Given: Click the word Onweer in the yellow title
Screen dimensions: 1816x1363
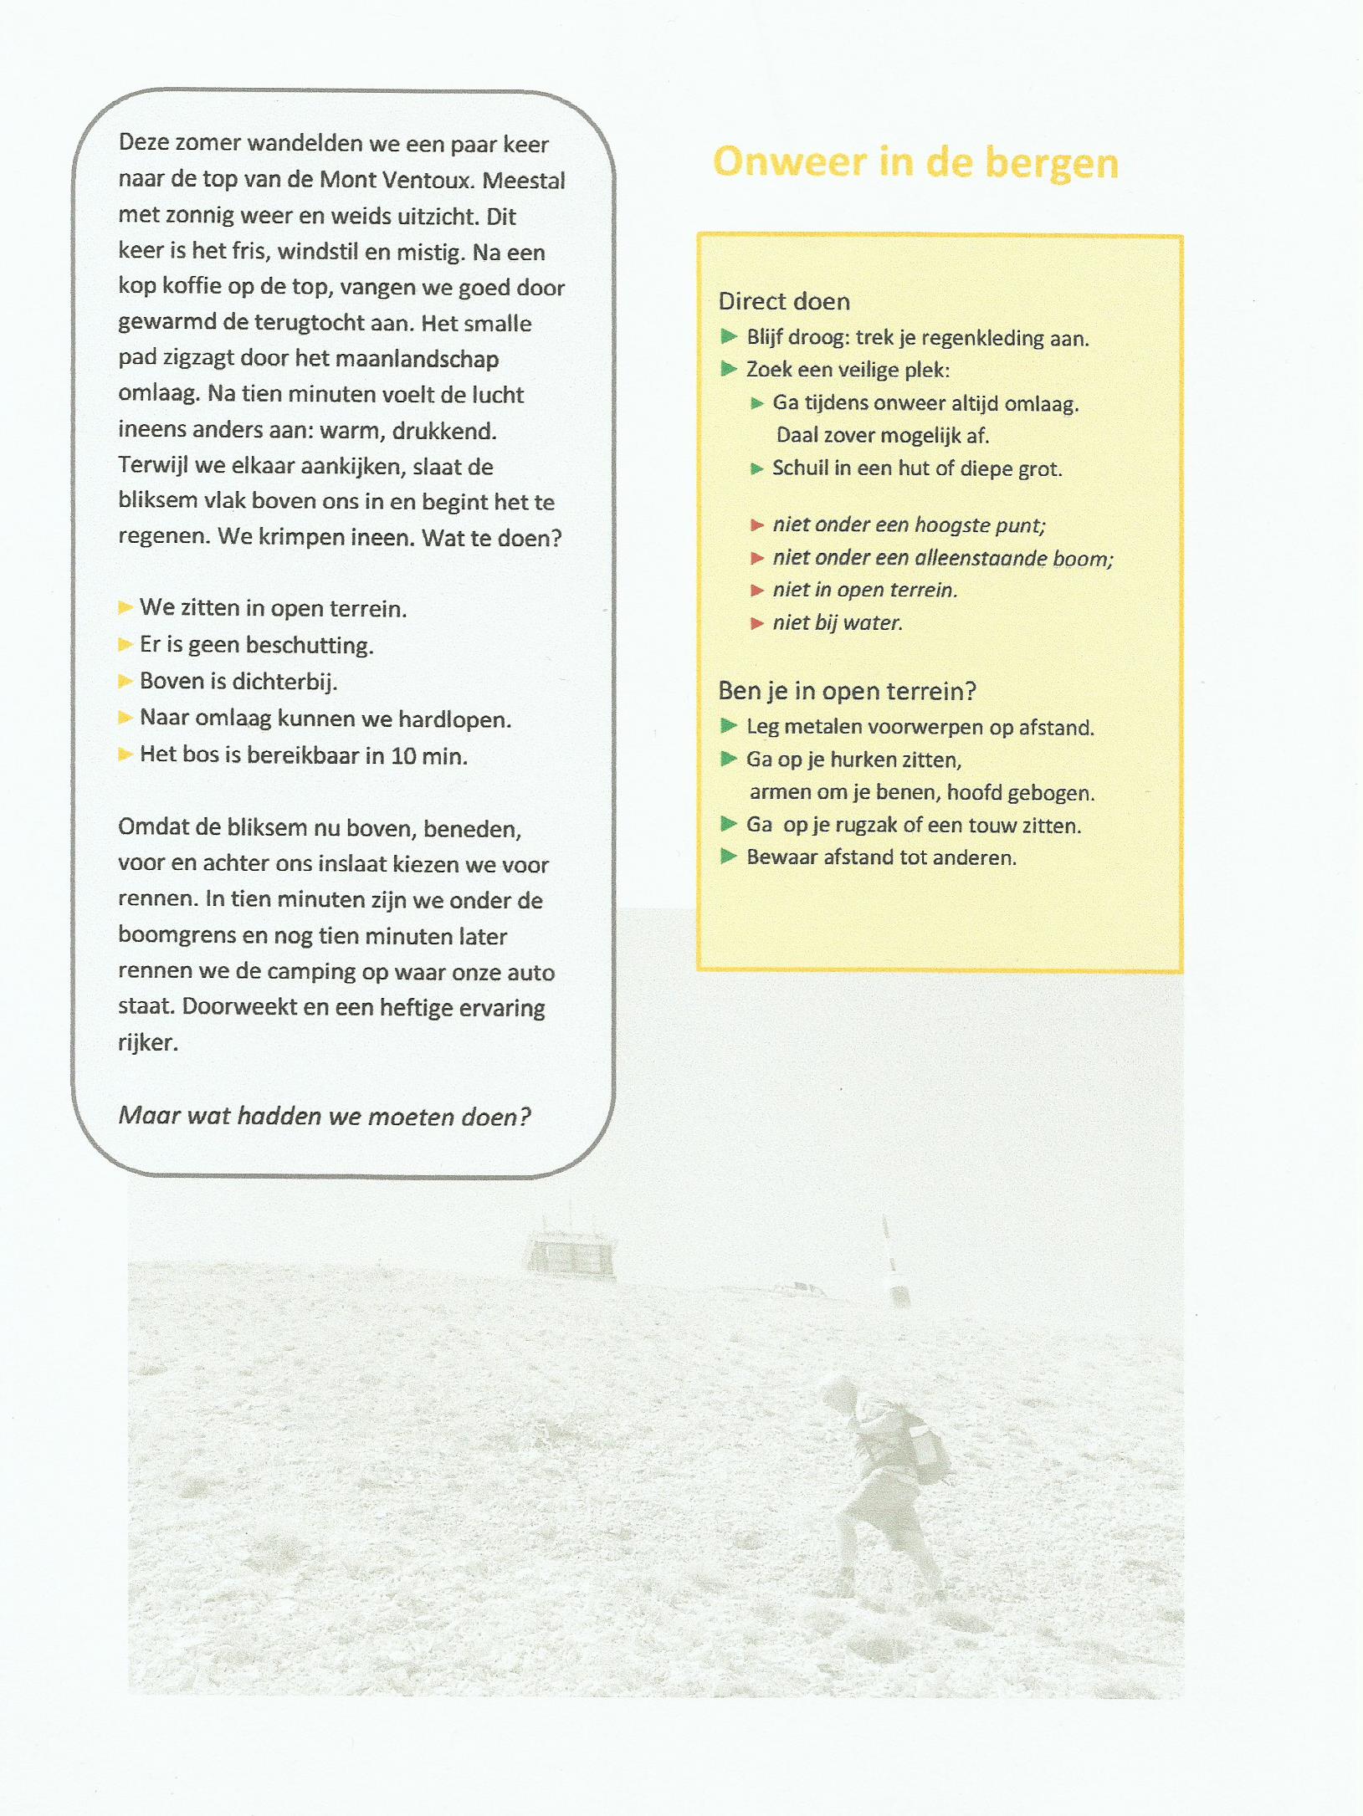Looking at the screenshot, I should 789,161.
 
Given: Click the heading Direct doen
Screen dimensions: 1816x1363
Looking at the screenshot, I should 784,301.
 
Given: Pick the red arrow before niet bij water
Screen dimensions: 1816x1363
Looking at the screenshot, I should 757,623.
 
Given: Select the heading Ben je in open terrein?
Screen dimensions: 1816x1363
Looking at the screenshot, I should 847,691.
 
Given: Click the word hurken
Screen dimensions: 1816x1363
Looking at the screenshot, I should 862,760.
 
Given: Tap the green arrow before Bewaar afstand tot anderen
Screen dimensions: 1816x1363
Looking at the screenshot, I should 729,857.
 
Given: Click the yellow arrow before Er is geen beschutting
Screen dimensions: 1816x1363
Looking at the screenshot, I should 126,644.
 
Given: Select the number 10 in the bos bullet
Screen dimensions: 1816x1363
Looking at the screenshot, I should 403,756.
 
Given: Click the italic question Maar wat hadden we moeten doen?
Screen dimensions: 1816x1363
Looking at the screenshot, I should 325,1116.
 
